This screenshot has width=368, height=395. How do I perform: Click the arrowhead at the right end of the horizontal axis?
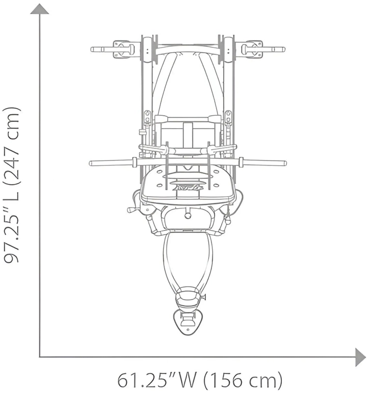361,357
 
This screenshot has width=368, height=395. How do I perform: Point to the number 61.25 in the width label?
142,381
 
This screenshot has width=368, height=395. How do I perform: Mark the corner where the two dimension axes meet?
39,357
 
